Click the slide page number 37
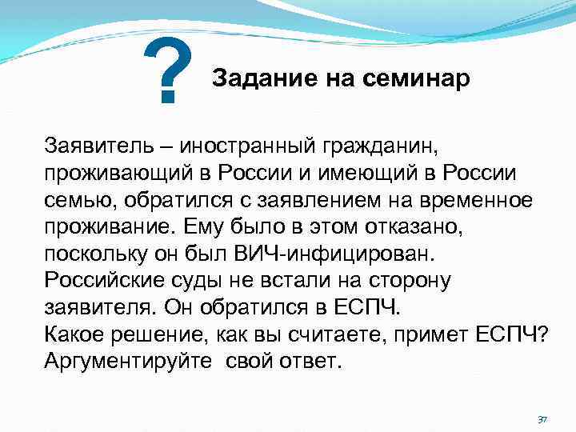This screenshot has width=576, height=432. (x=542, y=419)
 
